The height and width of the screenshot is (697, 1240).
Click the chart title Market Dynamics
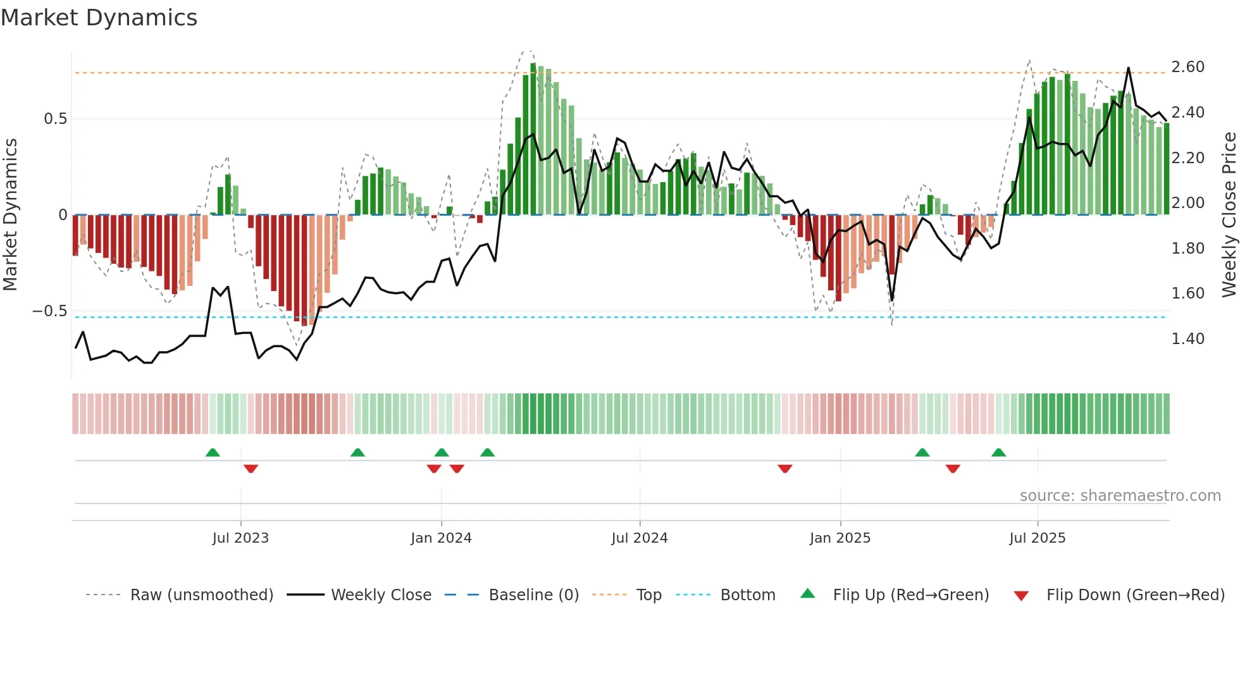[99, 18]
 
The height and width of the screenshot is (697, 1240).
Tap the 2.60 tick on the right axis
[1187, 67]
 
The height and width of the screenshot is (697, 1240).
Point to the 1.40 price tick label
[1187, 339]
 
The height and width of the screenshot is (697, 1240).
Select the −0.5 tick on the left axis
[49, 311]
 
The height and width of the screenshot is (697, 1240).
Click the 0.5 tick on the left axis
[55, 119]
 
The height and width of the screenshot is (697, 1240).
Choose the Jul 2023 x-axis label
[240, 538]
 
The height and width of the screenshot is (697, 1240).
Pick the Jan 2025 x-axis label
[840, 538]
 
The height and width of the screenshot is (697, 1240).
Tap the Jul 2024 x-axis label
[639, 538]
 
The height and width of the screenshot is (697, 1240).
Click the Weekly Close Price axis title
[1229, 215]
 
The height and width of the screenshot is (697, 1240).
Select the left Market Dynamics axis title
[10, 215]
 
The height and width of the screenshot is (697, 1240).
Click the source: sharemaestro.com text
[1120, 496]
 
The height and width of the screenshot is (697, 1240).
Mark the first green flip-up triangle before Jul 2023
[213, 453]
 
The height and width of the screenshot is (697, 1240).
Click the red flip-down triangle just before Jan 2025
[785, 468]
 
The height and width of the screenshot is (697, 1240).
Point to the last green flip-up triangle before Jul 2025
[998, 453]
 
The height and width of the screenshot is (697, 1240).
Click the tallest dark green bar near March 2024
[533, 139]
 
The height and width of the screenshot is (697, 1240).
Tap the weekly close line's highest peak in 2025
[1128, 68]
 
